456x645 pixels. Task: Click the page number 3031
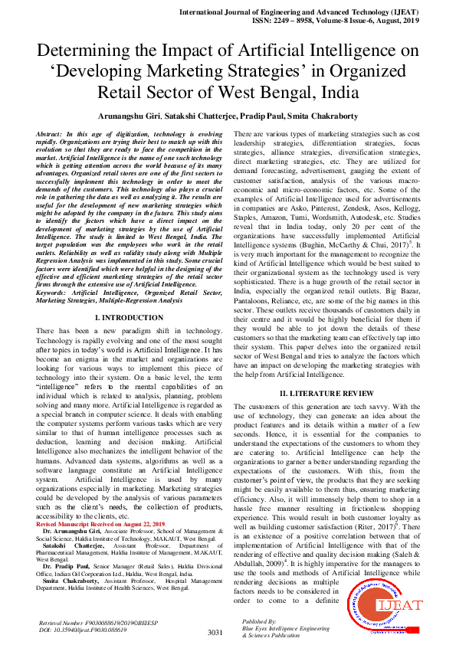(215, 632)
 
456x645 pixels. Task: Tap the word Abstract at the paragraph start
(50, 134)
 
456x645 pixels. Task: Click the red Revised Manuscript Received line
(103, 523)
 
